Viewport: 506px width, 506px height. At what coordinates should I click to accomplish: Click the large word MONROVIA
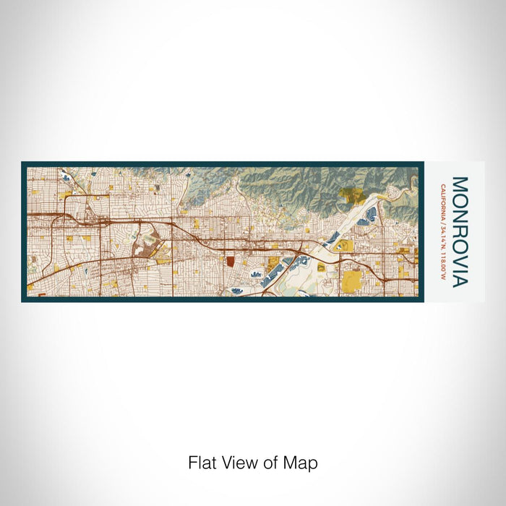click(460, 231)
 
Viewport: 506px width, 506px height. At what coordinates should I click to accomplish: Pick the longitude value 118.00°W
click(442, 263)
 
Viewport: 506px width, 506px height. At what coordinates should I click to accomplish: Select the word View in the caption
click(239, 463)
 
